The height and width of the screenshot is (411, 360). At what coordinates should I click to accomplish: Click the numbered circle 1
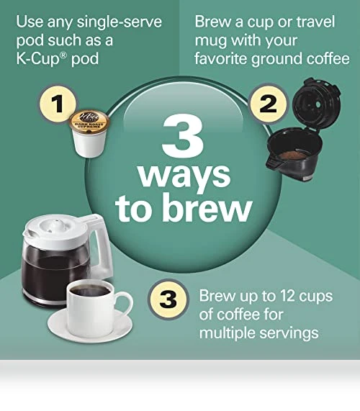coord(58,103)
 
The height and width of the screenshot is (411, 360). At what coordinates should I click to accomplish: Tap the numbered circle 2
coord(268,103)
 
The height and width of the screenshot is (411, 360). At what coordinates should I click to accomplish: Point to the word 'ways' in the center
coord(184,176)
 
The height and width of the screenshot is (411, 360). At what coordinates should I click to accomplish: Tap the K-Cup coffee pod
coord(89,133)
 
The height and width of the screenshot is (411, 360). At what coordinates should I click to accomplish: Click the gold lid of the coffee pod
coord(89,121)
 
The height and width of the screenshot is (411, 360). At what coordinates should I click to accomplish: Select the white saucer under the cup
coord(90,326)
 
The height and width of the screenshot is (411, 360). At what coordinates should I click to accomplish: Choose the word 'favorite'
coord(221,58)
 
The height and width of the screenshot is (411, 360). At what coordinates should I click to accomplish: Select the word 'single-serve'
coord(120,22)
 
